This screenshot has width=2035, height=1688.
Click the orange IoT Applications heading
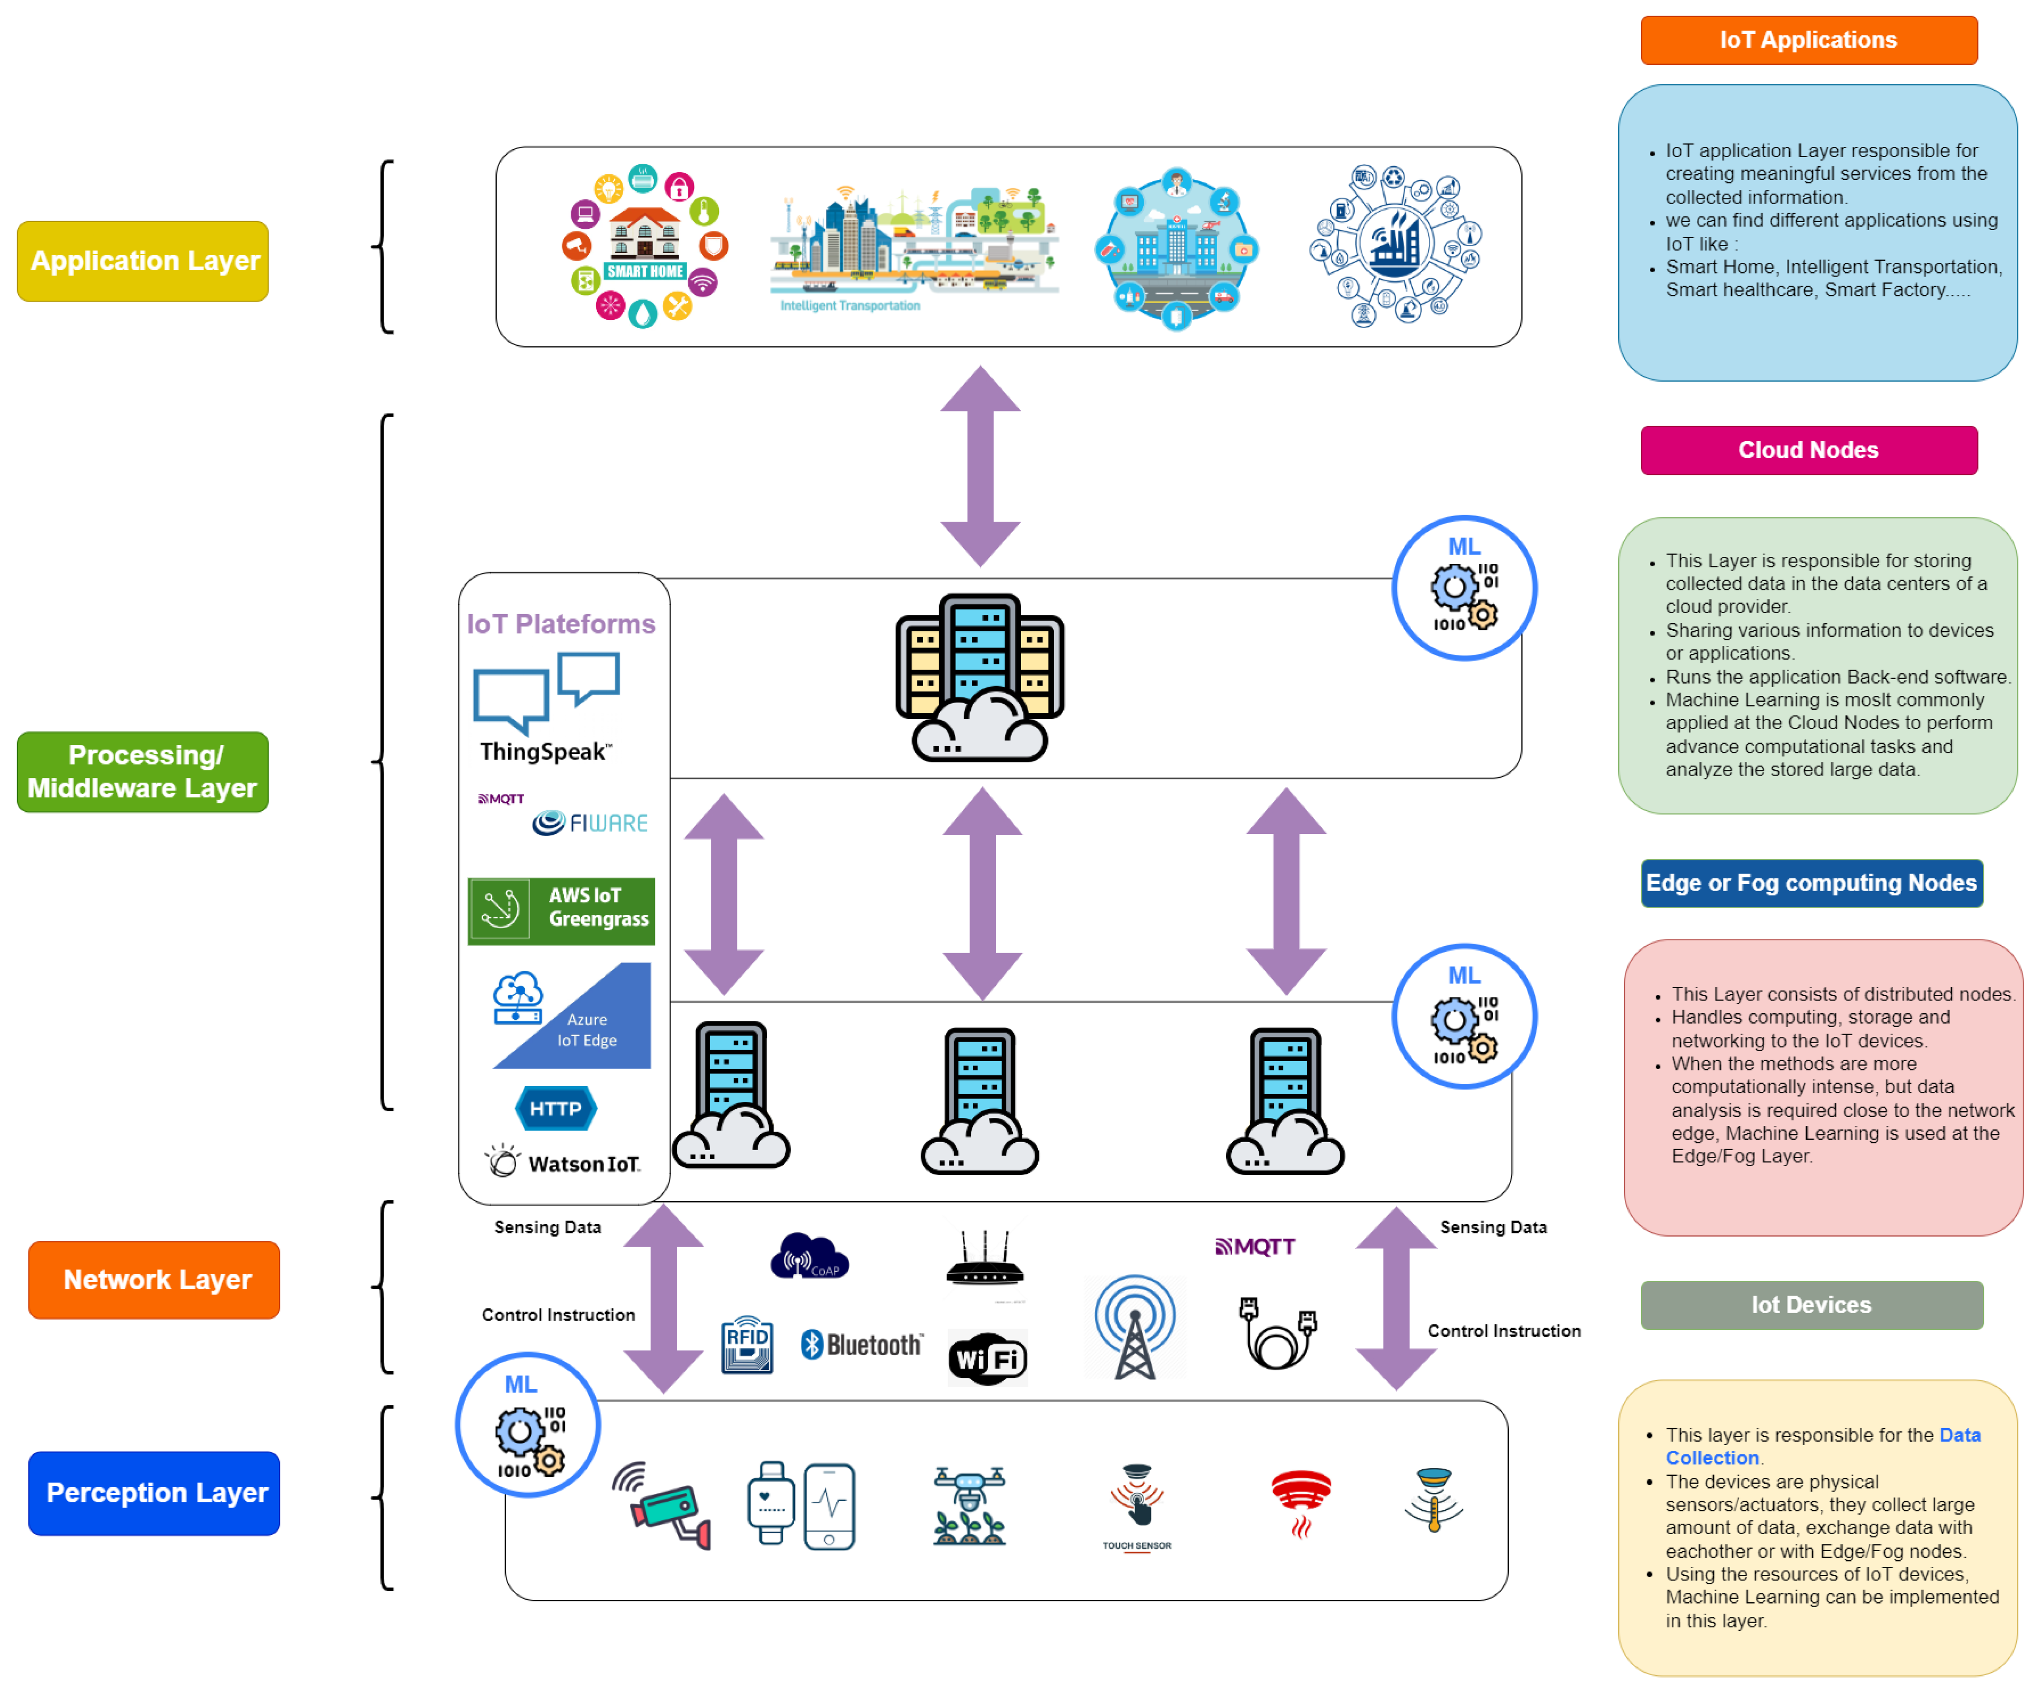(x=1808, y=40)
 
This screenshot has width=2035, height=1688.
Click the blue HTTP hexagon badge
(x=555, y=1108)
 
